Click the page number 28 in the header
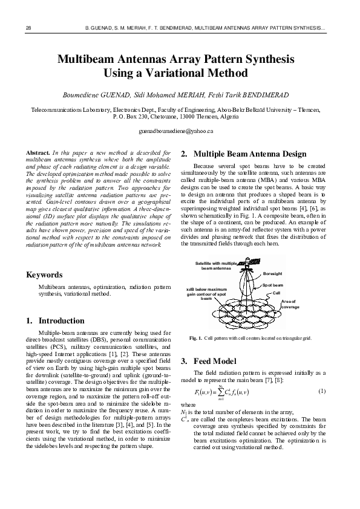[28, 28]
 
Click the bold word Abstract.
[38, 151]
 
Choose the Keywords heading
[45, 275]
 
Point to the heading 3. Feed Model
[208, 361]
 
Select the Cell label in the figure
[276, 293]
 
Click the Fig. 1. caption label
[195, 338]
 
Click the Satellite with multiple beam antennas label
[216, 266]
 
